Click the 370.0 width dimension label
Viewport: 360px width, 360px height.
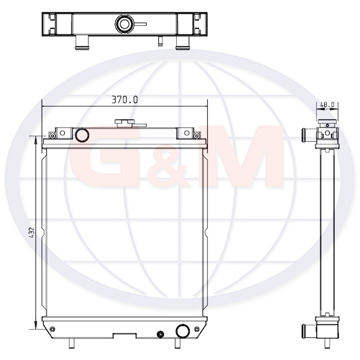click(x=124, y=100)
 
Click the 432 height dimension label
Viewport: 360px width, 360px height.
click(x=32, y=232)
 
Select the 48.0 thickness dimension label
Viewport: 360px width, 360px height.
click(x=328, y=104)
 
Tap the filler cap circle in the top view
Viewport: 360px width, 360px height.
click(x=124, y=24)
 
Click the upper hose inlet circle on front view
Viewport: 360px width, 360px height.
click(x=82, y=135)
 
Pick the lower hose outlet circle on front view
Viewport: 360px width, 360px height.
click(x=183, y=331)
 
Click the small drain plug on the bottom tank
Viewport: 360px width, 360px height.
click(x=160, y=334)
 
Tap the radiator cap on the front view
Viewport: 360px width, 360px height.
click(x=124, y=123)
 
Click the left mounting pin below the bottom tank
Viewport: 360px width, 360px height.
click(x=72, y=343)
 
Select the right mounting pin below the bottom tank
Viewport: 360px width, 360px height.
click(x=177, y=343)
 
